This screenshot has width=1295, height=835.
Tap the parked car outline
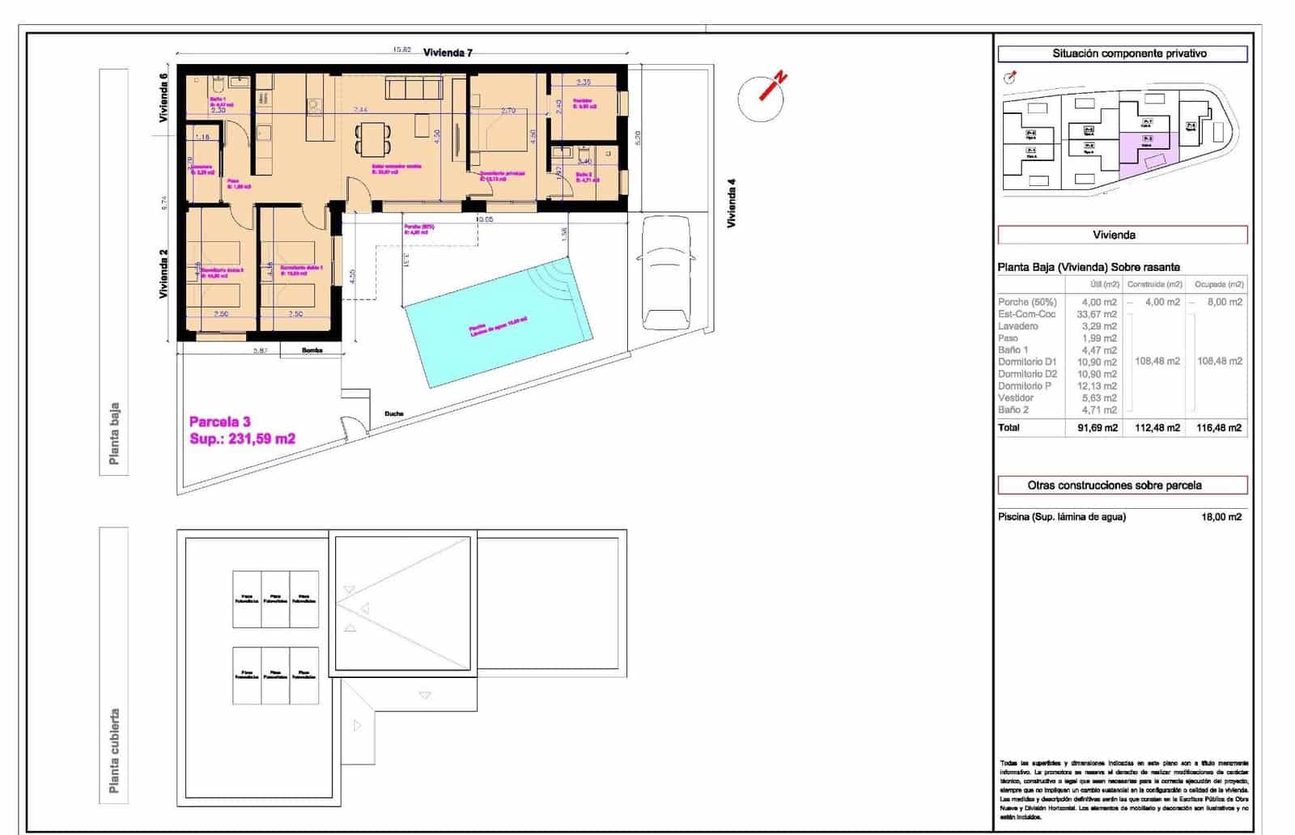click(665, 273)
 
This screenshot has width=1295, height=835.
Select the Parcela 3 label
click(219, 422)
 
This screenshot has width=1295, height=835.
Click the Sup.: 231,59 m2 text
click(242, 439)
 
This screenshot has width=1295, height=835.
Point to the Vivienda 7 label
click(448, 53)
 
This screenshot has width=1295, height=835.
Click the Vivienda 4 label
click(732, 208)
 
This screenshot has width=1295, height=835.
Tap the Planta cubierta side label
click(114, 751)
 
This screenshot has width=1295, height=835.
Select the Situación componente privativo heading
click(1122, 54)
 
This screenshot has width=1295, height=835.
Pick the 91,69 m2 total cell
click(1097, 428)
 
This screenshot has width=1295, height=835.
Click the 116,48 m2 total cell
click(1218, 428)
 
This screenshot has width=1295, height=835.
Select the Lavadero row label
click(1017, 326)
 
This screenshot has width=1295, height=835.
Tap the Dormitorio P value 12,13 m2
click(1098, 386)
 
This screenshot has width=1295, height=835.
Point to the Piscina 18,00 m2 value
click(1221, 517)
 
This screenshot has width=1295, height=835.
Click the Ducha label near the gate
click(394, 414)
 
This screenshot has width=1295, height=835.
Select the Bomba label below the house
click(312, 350)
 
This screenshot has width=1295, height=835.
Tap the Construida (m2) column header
click(1154, 285)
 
